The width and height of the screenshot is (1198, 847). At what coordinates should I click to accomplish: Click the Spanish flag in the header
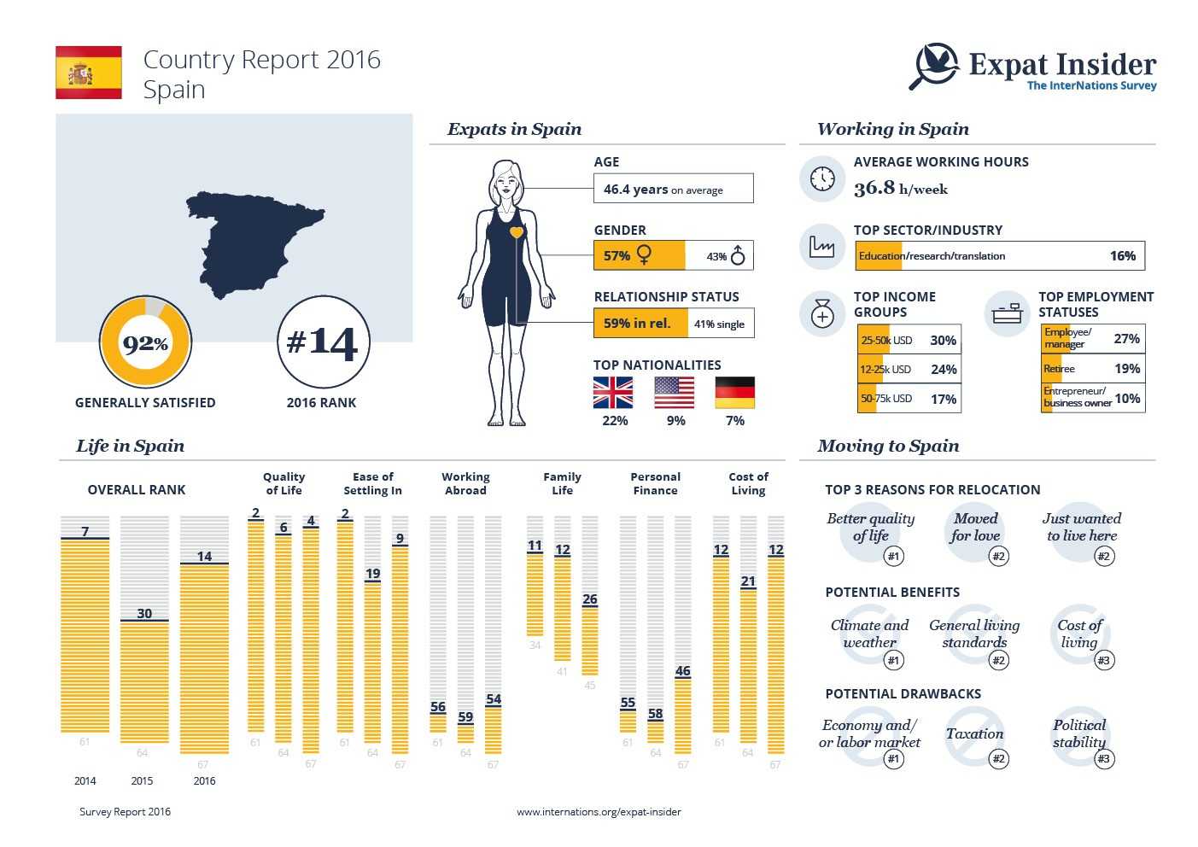tap(89, 73)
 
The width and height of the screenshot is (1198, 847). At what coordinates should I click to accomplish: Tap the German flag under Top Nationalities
tap(734, 393)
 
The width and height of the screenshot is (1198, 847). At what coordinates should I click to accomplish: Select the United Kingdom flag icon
tap(613, 393)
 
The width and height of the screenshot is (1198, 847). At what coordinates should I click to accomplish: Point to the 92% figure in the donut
tap(145, 343)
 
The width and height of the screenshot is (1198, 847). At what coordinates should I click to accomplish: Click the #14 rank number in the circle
tap(323, 342)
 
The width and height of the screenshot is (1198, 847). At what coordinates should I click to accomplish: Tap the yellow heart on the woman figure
tap(516, 232)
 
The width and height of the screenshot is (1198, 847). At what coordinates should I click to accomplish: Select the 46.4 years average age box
tap(673, 189)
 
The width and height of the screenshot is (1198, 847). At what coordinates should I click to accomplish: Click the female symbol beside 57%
tap(644, 255)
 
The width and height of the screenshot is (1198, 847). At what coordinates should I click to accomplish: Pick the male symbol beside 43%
tap(738, 255)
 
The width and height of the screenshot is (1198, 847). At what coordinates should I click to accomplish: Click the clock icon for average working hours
tap(822, 178)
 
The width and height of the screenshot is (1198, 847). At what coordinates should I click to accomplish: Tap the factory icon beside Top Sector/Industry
tap(822, 247)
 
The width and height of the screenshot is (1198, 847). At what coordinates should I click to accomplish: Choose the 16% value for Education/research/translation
tap(1122, 255)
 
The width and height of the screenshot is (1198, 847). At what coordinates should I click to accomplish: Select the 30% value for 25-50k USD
tap(943, 340)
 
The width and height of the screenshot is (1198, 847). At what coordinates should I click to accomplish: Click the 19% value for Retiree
tap(1127, 369)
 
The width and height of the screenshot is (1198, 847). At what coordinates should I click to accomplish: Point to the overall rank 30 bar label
tap(144, 613)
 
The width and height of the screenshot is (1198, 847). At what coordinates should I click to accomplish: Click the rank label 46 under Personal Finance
tap(682, 671)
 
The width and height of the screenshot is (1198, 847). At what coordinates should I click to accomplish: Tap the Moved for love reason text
tap(975, 527)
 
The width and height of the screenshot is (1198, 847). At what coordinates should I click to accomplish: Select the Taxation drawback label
tap(974, 733)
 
